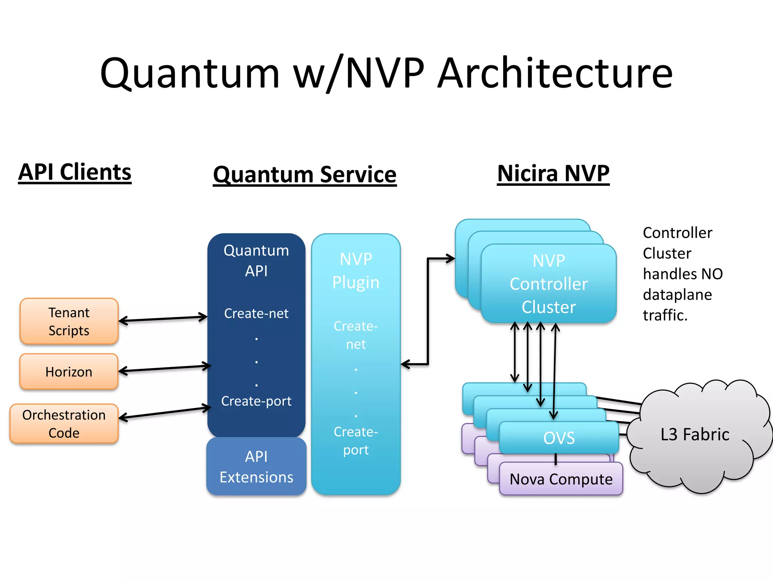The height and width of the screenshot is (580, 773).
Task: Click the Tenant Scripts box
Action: [x=69, y=321]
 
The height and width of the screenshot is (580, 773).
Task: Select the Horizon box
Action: [x=69, y=372]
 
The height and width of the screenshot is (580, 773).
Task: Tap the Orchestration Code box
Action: [x=64, y=424]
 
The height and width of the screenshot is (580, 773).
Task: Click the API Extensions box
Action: [x=256, y=467]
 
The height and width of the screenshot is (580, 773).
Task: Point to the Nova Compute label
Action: [x=561, y=479]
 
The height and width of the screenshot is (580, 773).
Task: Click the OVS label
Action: [x=559, y=438]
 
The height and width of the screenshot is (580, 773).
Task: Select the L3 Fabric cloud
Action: [x=694, y=434]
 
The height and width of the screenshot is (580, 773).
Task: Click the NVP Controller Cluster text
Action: [x=548, y=284]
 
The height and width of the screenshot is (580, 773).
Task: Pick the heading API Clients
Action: [x=75, y=172]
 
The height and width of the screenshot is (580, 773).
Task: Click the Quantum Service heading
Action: [x=305, y=174]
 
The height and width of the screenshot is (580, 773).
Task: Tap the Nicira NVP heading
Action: [x=553, y=173]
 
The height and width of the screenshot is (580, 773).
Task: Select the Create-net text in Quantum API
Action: [x=256, y=313]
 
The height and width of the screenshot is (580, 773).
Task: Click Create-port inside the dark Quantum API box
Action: [x=256, y=401]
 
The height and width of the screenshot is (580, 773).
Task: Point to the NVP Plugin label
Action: [x=356, y=271]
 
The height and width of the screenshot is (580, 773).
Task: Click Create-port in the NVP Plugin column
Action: [x=356, y=441]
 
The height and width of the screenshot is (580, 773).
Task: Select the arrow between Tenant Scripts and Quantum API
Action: [x=163, y=319]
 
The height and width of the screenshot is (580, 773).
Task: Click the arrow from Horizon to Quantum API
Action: [x=165, y=369]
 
